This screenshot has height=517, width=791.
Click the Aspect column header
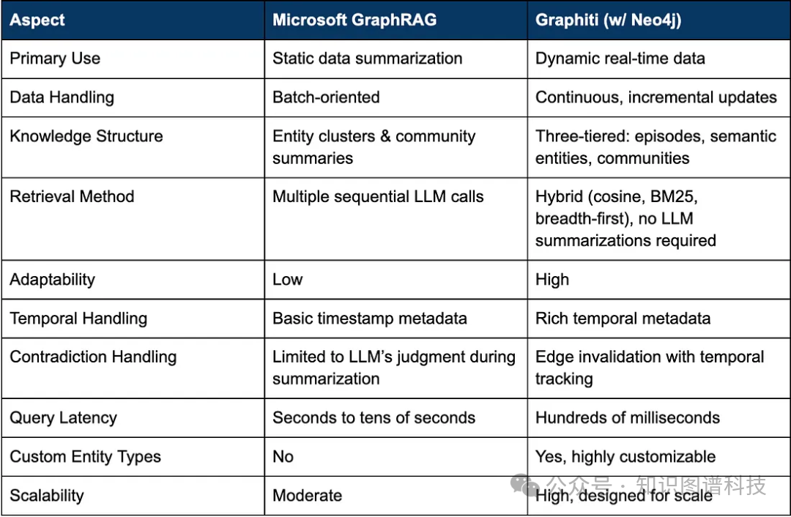(37, 20)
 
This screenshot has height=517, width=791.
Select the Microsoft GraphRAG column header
(354, 20)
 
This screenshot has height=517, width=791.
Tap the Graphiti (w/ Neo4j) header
(608, 20)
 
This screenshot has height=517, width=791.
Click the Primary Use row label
(55, 59)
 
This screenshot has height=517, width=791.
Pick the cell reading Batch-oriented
(326, 97)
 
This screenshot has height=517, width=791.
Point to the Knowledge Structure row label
(86, 136)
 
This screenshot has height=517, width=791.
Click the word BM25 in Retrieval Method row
(674, 196)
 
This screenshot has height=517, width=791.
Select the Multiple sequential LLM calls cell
(378, 196)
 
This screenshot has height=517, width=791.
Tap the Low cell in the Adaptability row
(288, 280)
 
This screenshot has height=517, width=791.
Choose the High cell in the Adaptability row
(552, 280)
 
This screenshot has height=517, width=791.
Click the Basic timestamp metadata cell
(369, 319)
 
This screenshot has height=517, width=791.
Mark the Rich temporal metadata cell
(623, 319)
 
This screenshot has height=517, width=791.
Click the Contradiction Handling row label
(93, 357)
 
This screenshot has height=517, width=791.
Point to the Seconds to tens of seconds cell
(374, 417)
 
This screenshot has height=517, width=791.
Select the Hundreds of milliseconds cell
(627, 417)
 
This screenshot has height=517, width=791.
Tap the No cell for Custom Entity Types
(283, 456)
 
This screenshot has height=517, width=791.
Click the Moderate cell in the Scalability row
(307, 495)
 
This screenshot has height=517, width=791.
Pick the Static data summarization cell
(367, 59)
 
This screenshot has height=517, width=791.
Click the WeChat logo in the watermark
(524, 485)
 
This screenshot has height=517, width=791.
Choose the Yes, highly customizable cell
(625, 456)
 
